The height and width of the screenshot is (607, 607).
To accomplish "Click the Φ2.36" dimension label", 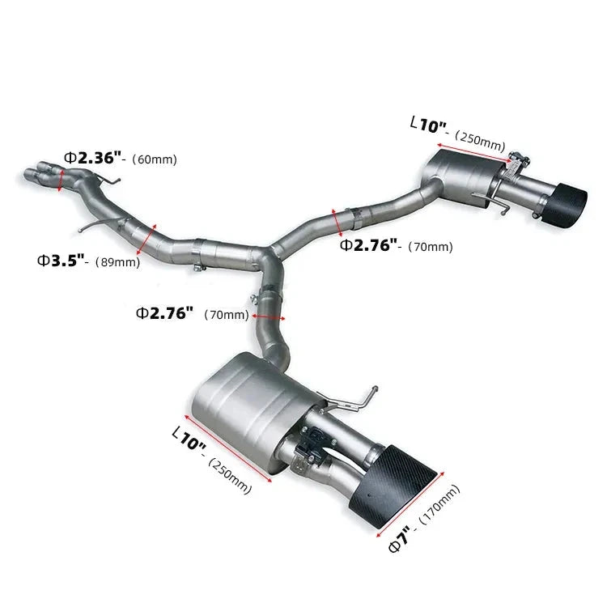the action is (93, 158).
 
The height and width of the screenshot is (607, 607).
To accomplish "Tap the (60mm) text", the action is (155, 159).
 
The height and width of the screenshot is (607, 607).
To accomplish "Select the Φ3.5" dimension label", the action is (62, 261).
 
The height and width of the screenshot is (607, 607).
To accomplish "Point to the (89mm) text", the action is (117, 262).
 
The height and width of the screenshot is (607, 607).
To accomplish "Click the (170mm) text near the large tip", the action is (439, 504).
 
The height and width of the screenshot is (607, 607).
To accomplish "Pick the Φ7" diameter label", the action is (400, 539).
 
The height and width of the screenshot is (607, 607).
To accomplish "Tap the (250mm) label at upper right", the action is (481, 138).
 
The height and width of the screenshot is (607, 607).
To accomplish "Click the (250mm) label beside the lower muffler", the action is (230, 475).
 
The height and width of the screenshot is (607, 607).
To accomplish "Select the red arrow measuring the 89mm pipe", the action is (147, 239).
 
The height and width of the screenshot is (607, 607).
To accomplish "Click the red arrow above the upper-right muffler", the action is (475, 153).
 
